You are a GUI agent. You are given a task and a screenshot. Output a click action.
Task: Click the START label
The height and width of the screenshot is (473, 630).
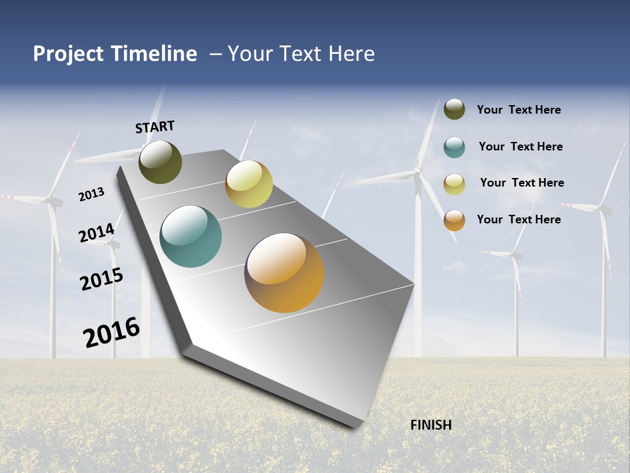[155, 127]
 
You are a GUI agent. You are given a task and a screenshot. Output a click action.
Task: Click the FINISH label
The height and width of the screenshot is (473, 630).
[430, 425]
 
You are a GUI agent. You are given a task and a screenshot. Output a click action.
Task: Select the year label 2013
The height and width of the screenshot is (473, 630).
[91, 194]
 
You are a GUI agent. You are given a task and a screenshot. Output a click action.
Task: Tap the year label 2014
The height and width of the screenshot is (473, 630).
[96, 233]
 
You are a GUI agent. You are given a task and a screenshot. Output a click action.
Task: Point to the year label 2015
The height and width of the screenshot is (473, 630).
[102, 279]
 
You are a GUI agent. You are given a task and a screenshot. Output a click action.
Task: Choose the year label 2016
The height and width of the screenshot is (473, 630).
[112, 332]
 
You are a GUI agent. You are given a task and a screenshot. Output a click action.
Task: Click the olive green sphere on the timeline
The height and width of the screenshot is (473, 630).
[160, 162]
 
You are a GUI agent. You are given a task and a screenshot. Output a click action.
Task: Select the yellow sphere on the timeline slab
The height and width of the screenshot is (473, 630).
[249, 184]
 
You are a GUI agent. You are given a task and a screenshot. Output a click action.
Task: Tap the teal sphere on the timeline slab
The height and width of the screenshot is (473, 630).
[190, 236]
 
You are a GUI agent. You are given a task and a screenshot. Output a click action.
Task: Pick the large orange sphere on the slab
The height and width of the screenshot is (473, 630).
[284, 272]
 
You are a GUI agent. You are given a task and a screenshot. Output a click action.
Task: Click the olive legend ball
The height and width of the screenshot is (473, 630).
[454, 109]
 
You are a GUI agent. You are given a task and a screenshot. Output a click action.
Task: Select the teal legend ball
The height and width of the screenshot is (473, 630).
[454, 147]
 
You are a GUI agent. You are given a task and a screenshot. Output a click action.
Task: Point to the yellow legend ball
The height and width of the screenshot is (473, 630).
[454, 184]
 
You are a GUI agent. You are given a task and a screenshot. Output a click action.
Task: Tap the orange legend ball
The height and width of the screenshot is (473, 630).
[454, 220]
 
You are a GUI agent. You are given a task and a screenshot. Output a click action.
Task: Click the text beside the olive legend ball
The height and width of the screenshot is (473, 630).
[518, 110]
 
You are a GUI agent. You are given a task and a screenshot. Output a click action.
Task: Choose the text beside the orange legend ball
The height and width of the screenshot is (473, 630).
[518, 219]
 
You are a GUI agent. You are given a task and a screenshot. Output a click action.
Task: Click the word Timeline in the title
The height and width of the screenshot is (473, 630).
[155, 54]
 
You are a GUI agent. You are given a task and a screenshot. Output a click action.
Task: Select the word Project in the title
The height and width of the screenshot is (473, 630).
[69, 54]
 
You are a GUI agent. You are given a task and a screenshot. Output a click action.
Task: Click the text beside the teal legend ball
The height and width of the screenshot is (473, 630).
[520, 146]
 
